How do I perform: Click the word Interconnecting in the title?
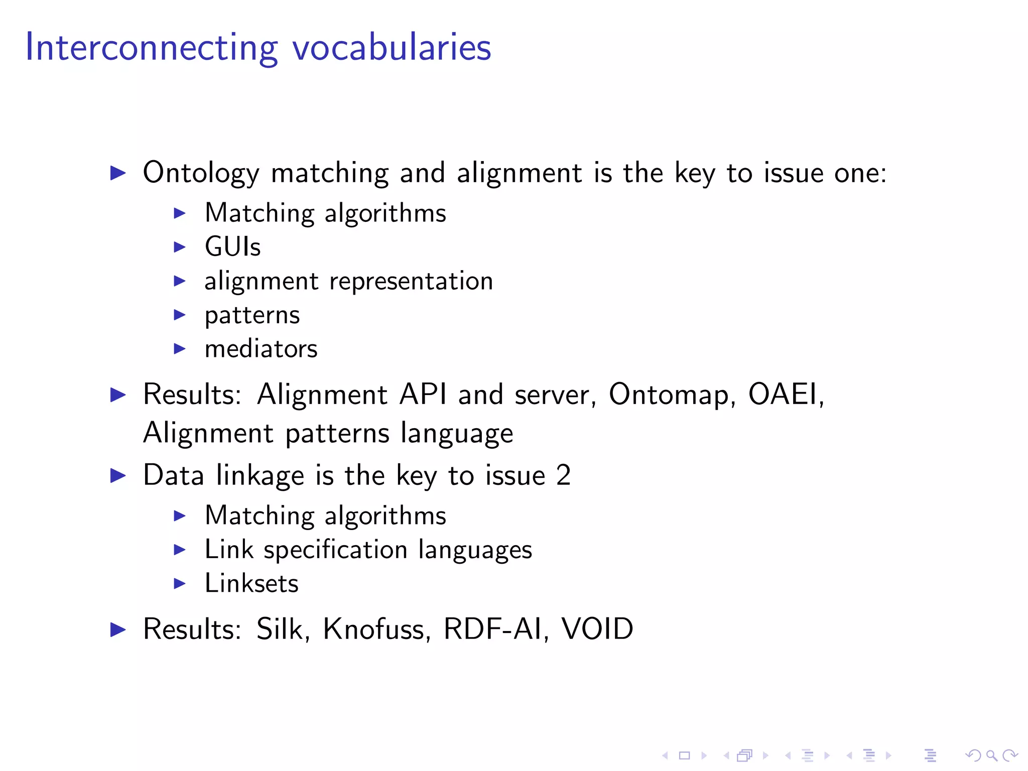pos(151,48)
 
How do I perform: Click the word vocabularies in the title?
pos(392,48)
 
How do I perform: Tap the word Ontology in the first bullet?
pos(201,173)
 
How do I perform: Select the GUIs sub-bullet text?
pos(233,247)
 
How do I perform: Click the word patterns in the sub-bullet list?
pos(252,316)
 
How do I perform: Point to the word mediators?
pos(261,349)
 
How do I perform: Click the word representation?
pos(411,282)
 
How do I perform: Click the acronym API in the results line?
pos(423,394)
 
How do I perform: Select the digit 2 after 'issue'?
pos(564,475)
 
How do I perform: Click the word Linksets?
pos(251,583)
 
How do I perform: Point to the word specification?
pos(335,550)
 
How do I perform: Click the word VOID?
pos(597,629)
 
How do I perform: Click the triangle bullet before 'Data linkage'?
pos(118,475)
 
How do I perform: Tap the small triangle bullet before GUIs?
pos(180,247)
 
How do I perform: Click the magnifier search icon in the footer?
pos(991,755)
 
